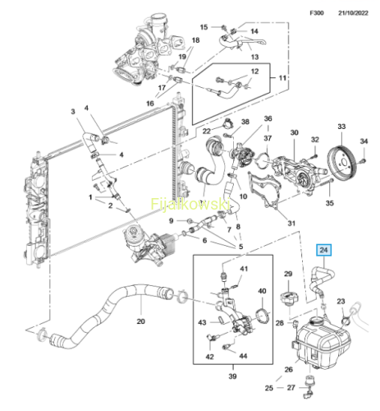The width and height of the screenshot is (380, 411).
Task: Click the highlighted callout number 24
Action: click(x=323, y=250)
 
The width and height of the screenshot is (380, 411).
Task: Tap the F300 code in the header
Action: click(x=317, y=13)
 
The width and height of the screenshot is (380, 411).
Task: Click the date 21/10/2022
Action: click(x=353, y=13)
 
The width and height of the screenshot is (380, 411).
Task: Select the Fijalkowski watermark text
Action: click(x=190, y=204)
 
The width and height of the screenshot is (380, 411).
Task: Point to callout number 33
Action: click(x=341, y=127)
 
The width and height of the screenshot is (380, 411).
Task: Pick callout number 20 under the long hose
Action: click(x=140, y=321)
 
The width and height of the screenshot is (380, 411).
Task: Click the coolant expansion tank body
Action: click(x=322, y=343)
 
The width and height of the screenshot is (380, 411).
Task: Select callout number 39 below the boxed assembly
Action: click(x=232, y=376)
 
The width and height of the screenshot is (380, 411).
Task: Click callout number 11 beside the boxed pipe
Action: click(x=282, y=78)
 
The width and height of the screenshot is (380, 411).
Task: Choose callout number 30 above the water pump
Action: click(x=294, y=132)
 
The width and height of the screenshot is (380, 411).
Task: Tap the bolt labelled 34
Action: click(x=364, y=161)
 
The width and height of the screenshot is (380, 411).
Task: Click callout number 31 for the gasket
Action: click(x=291, y=224)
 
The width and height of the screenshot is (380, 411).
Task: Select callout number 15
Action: click(x=204, y=27)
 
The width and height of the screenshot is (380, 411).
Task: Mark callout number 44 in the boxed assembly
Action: click(x=243, y=356)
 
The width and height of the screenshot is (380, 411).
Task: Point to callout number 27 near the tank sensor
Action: click(x=291, y=387)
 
